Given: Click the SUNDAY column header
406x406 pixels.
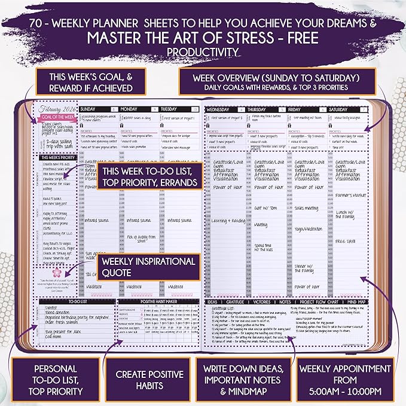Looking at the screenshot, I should pos(91,109).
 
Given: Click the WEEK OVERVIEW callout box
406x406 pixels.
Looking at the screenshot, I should pos(276,84).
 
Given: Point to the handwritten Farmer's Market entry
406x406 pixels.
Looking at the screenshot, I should pos(352,194).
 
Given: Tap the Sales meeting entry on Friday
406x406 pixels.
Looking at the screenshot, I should pos(307,208).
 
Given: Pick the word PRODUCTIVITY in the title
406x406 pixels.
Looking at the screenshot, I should pos(203,53).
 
